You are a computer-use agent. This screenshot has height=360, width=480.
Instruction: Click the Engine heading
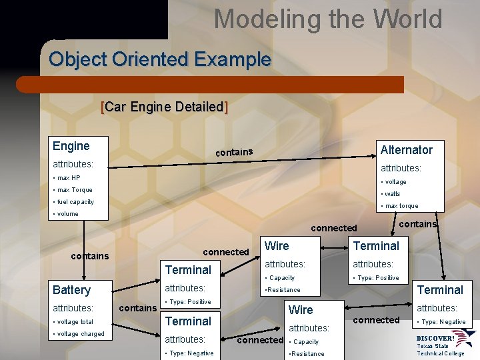pos(71,146)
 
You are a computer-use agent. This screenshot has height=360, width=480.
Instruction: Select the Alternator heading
pos(406,150)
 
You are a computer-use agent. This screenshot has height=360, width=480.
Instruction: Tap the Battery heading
pos(71,290)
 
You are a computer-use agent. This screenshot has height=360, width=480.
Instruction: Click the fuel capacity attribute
pos(73,202)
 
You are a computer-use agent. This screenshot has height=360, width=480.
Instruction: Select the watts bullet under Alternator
pos(391,194)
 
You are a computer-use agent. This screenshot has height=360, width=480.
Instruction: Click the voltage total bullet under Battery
pos(74,322)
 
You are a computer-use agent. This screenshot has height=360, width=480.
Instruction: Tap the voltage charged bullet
pos(79,334)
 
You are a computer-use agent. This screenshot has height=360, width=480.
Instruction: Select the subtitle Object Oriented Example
pos(160,59)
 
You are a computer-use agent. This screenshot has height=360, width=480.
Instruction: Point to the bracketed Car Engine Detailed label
pos(164,107)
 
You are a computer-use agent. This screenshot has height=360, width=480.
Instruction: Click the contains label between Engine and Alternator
pos(234,153)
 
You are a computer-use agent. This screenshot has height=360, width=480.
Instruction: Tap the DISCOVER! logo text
pos(435,338)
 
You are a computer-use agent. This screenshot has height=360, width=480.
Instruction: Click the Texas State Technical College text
pos(441,349)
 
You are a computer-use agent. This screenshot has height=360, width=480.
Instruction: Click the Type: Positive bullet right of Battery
pos(188,302)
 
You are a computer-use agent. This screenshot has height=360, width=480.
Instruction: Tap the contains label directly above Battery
pos(90,256)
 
